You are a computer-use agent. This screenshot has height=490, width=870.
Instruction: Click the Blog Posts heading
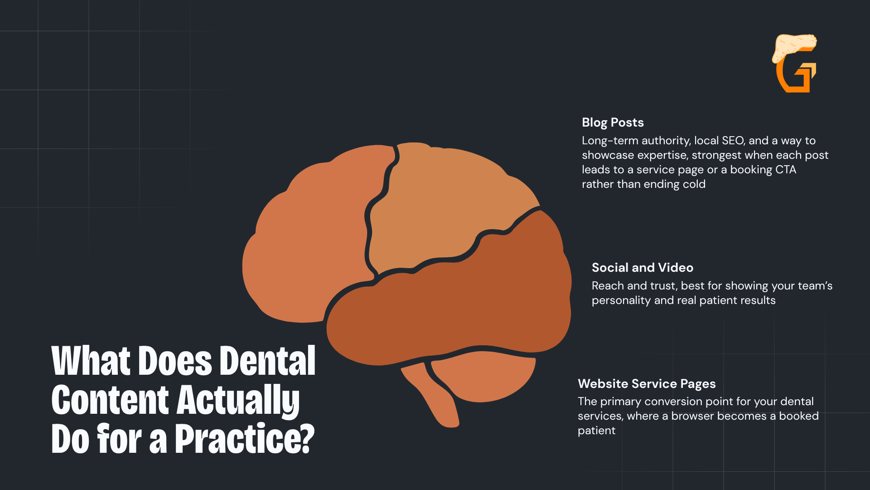click(613, 122)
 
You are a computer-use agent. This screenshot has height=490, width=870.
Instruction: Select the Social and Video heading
click(643, 268)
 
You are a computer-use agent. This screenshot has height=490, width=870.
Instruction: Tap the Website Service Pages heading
click(647, 384)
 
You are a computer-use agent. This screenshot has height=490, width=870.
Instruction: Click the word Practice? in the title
click(245, 438)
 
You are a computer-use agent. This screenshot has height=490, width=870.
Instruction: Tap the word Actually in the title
click(238, 400)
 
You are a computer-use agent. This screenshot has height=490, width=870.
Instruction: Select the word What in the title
click(92, 361)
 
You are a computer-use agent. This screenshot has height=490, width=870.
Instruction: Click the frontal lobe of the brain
click(313, 236)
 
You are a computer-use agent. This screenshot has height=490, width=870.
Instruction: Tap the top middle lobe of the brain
click(449, 204)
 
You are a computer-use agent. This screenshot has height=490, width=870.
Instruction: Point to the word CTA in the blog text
click(786, 170)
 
